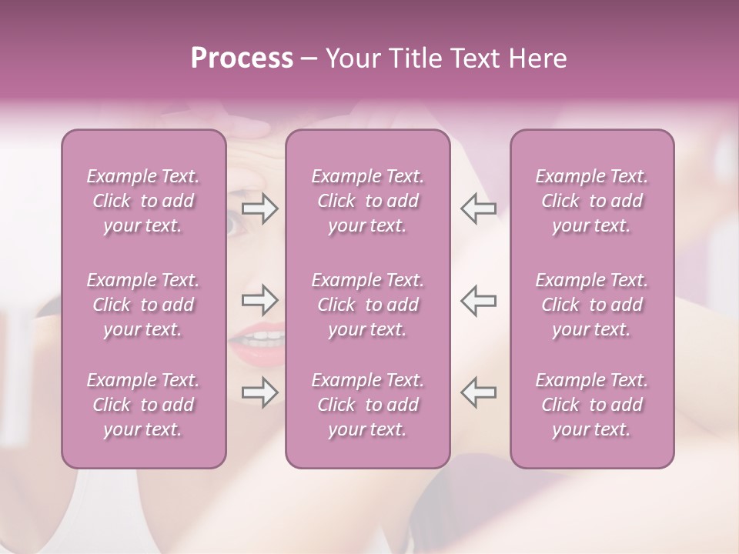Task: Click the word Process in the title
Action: (242, 58)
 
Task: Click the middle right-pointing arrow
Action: (259, 300)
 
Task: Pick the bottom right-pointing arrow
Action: (259, 392)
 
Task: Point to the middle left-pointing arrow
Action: (478, 300)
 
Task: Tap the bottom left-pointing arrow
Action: (478, 392)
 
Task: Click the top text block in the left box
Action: (143, 201)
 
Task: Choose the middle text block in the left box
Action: (143, 305)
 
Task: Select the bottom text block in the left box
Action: (143, 405)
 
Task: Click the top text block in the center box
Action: (367, 201)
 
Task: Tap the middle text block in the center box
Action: (367, 305)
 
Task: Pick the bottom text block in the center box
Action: (367, 405)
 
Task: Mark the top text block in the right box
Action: (591, 201)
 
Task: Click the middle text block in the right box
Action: (591, 305)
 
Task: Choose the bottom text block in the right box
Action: (591, 405)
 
